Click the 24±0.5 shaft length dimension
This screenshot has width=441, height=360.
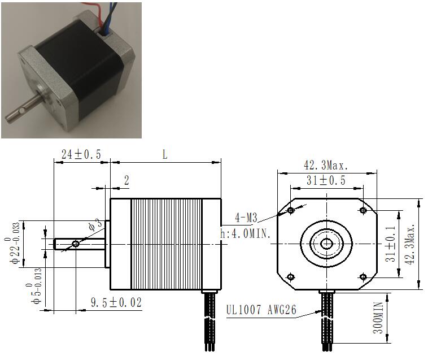click(81, 154)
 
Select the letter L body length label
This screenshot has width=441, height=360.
click(165, 154)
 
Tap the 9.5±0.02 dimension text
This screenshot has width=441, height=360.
click(116, 302)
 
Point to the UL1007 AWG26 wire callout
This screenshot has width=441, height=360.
click(261, 310)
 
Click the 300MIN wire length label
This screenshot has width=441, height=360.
click(378, 318)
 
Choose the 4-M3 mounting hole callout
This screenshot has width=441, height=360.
click(246, 218)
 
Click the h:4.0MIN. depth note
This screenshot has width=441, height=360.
click(245, 233)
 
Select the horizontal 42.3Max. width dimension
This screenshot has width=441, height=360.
click(326, 165)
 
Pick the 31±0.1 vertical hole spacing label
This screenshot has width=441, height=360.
click(390, 244)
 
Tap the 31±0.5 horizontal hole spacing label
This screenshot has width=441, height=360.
click(326, 180)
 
